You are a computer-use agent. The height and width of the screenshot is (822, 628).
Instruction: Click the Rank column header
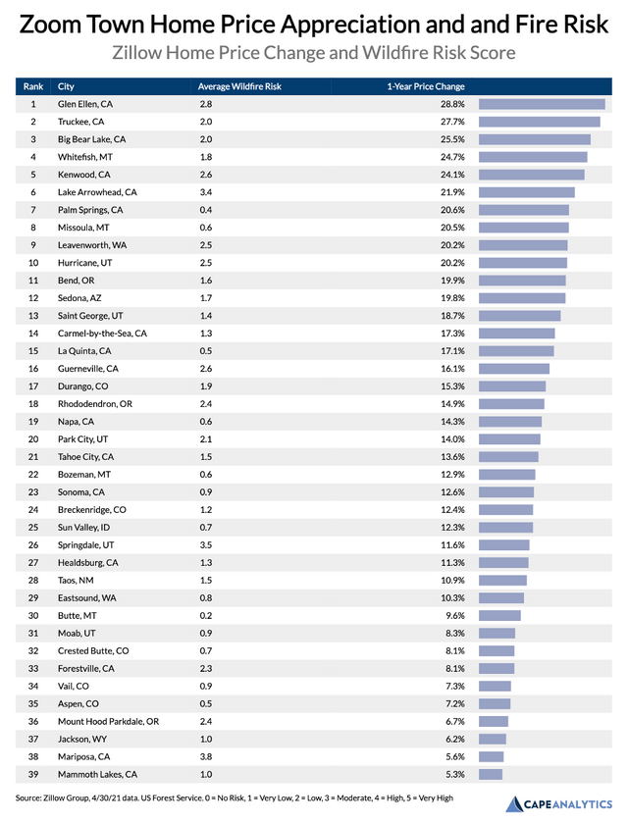[33, 86]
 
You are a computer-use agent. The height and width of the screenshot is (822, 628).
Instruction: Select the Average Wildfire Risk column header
[239, 86]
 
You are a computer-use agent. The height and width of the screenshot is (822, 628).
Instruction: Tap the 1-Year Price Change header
[426, 86]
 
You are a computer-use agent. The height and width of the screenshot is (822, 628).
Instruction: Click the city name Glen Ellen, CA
[85, 104]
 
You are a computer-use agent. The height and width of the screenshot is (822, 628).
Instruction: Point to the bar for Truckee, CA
[540, 122]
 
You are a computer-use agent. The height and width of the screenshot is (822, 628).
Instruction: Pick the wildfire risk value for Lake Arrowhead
[206, 192]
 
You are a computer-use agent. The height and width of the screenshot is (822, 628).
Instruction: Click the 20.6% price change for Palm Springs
[452, 210]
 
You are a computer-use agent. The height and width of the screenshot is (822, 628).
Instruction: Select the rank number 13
[33, 316]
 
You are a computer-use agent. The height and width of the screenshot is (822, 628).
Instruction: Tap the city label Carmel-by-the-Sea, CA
[102, 334]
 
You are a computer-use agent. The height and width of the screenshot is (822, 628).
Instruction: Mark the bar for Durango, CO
[512, 386]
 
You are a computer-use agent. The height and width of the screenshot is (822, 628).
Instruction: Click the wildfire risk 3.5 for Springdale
[206, 545]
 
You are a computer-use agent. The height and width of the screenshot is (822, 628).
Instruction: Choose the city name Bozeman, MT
[83, 475]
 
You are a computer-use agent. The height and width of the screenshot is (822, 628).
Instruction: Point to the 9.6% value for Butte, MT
[455, 615]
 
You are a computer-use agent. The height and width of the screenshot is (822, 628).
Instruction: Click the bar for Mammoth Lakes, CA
[491, 774]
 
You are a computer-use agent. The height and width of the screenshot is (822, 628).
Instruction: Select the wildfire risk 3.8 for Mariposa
[206, 756]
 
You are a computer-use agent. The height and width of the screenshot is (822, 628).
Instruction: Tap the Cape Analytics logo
[558, 804]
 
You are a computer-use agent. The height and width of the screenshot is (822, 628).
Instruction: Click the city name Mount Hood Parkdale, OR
[109, 721]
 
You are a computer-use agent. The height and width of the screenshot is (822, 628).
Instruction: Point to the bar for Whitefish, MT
[533, 157]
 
